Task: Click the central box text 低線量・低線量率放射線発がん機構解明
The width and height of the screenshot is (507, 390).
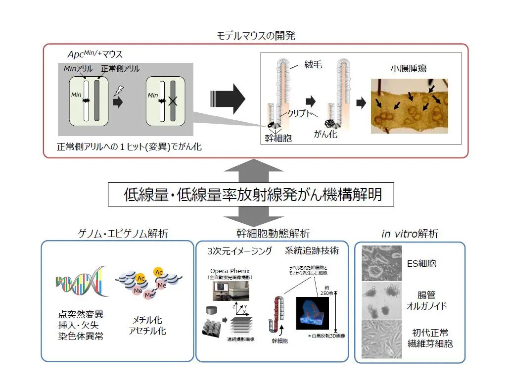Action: [252, 194]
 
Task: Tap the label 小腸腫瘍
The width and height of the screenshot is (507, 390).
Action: [409, 69]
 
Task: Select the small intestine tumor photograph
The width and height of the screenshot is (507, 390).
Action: [410, 106]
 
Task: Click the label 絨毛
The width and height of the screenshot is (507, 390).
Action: [312, 64]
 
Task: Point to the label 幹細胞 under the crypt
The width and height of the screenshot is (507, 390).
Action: [278, 139]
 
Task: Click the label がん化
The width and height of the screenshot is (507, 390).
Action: [326, 134]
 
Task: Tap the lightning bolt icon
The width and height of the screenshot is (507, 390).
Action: [119, 91]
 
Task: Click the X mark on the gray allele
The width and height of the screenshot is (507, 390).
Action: [173, 101]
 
